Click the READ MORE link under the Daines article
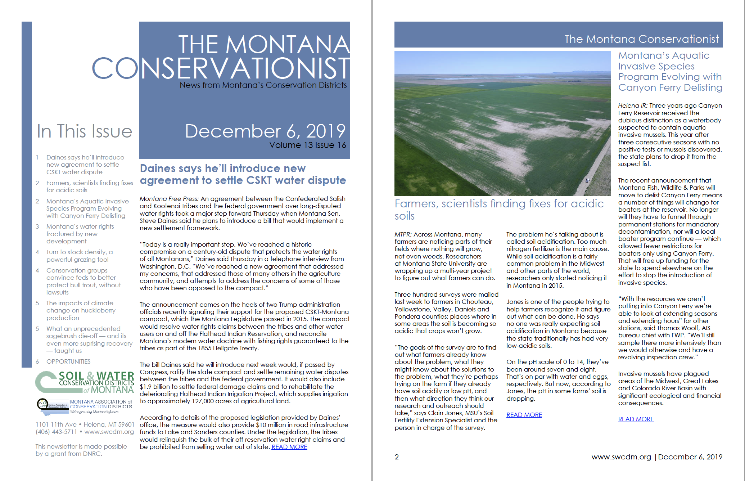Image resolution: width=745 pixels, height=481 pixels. click(289, 447)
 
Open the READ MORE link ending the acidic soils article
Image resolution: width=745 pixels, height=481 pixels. click(524, 415)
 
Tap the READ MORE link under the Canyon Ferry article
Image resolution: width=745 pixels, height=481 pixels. click(636, 419)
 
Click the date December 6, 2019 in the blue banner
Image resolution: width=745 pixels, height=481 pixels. click(265, 131)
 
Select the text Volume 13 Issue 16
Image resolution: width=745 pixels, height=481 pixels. click(307, 145)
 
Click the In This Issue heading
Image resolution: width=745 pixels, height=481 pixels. click(85, 131)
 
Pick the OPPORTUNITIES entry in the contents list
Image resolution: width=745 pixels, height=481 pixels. click(68, 361)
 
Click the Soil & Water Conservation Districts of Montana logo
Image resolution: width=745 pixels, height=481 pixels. click(85, 382)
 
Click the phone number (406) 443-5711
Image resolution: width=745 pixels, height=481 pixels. click(57, 432)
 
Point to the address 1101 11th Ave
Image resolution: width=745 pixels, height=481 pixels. click(56, 424)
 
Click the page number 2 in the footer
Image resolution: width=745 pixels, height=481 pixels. click(397, 457)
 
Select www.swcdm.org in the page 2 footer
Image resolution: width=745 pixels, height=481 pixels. click(621, 457)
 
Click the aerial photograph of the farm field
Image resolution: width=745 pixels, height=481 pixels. click(502, 123)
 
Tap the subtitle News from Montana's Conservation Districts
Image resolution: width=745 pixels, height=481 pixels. click(263, 85)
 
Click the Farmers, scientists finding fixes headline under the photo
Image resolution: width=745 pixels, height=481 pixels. click(499, 209)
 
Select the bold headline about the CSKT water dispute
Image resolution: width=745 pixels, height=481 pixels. click(243, 174)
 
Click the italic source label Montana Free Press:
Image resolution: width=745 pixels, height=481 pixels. click(169, 199)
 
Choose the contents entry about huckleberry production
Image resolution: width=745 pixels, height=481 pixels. click(81, 310)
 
